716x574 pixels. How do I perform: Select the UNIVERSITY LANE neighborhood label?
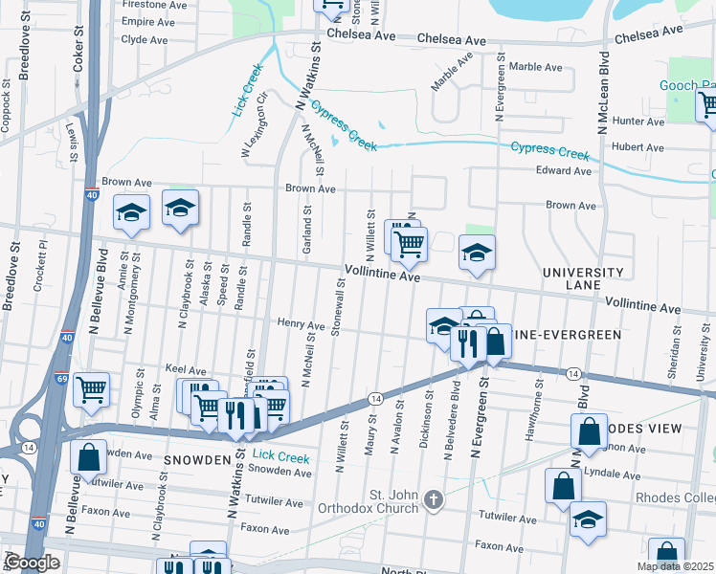583,278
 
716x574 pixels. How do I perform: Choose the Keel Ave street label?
186,369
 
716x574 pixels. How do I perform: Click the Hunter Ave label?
638,121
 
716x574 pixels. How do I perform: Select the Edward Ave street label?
564,171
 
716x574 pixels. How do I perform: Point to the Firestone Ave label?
155,5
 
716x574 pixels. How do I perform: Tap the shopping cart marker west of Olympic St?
91,388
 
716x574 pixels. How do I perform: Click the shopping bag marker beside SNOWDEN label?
88,457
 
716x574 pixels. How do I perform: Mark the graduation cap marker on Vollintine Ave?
477,254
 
